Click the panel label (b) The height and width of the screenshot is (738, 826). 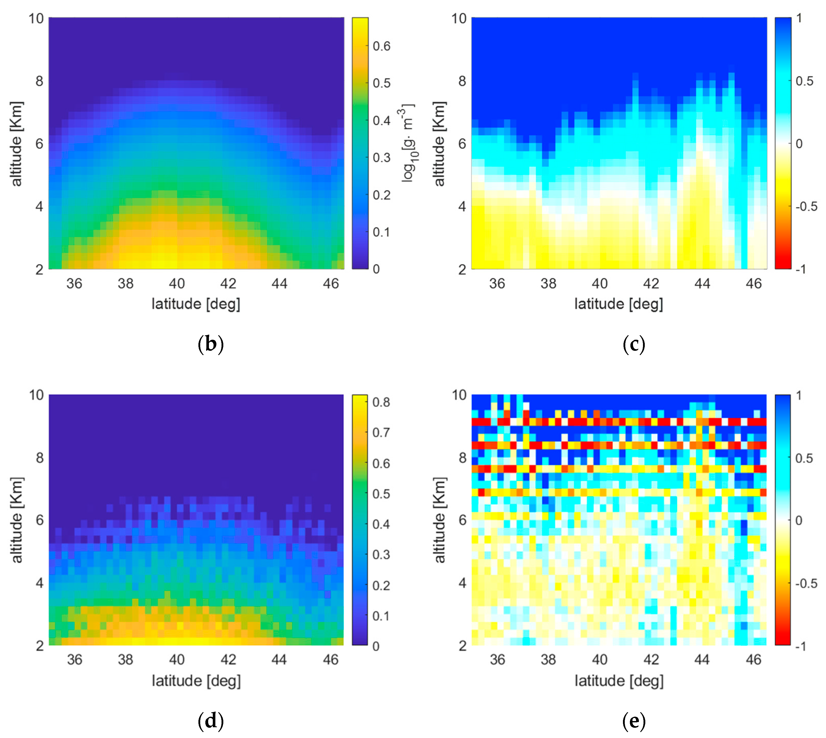pyautogui.click(x=210, y=344)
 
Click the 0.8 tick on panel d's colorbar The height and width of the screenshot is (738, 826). pyautogui.click(x=381, y=402)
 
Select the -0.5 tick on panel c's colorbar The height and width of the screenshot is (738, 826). pyautogui.click(x=806, y=206)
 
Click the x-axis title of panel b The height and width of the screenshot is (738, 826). pyautogui.click(x=196, y=304)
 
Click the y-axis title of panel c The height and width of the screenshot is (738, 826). pyautogui.click(x=439, y=144)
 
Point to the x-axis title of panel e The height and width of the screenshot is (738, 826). pyautogui.click(x=619, y=681)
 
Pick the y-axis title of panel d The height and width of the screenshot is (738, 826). pyautogui.click(x=17, y=520)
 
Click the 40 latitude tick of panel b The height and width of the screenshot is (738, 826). pyautogui.click(x=177, y=283)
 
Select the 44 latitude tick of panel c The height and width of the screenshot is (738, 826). pyautogui.click(x=702, y=283)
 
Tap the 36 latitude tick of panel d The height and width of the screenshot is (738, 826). pyautogui.click(x=75, y=660)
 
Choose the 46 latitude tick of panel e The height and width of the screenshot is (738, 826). pyautogui.click(x=753, y=660)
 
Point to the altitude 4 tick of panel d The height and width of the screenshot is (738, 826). pyautogui.click(x=39, y=583)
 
